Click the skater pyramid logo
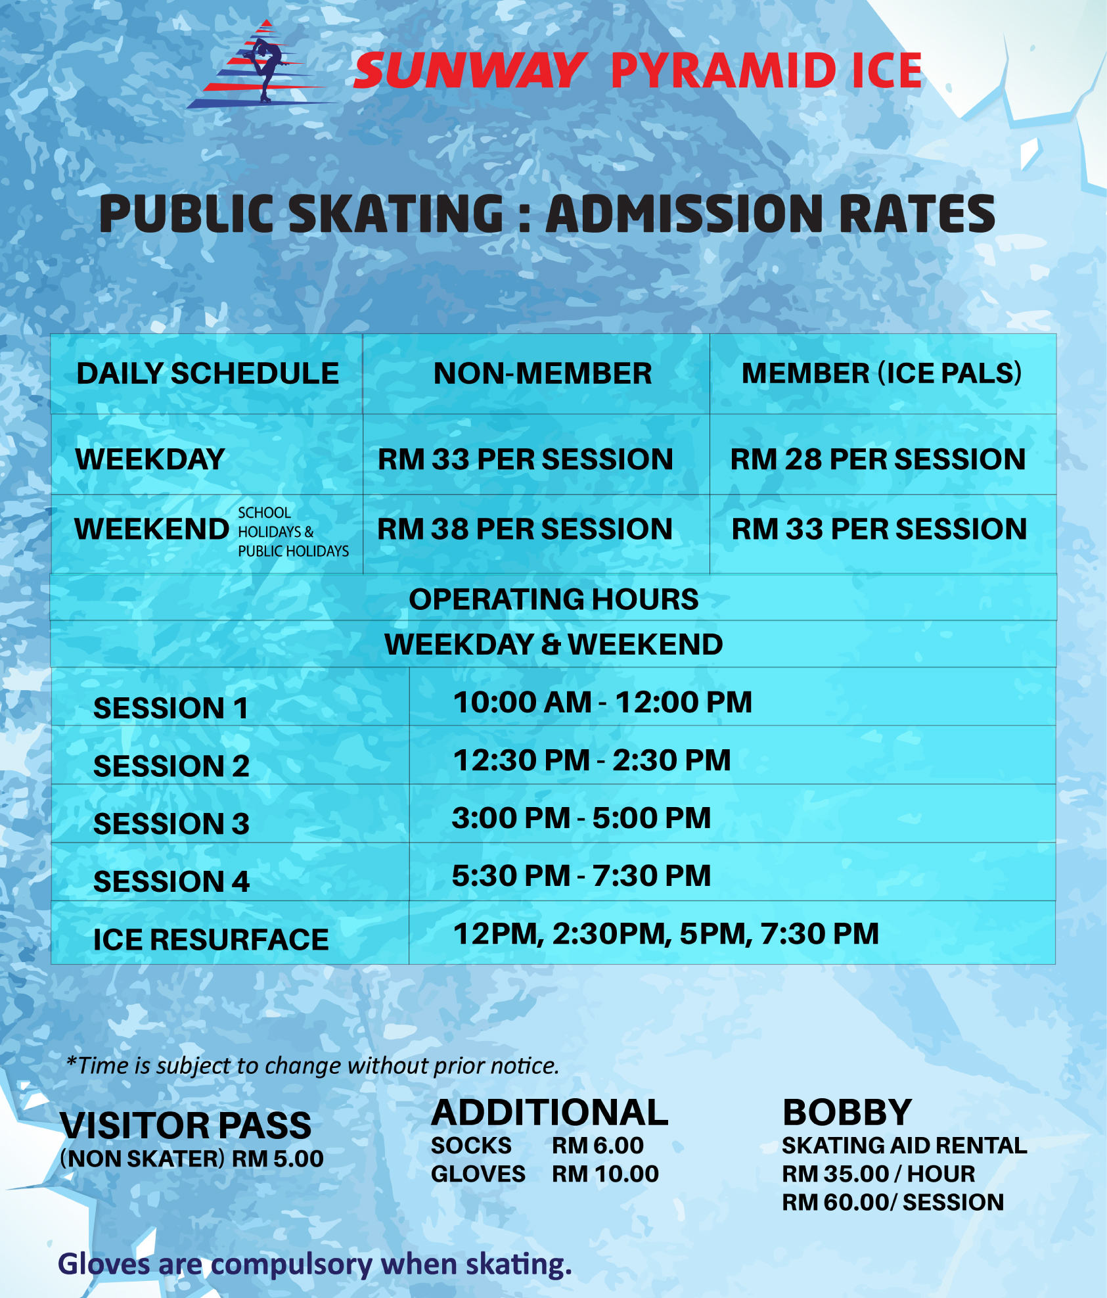pos(263,64)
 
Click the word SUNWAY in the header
pos(469,71)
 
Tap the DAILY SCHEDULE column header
pos(208,373)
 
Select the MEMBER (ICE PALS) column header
pos(882,373)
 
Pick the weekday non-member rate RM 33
pos(526,459)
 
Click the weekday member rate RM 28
pos(878,459)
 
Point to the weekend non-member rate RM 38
pos(525,529)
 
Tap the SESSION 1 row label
pos(171,708)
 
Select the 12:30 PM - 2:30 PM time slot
pos(592,760)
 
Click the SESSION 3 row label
pos(171,824)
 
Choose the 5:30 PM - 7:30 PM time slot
pos(581,876)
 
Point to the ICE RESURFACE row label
pos(211,940)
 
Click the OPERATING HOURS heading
pos(554,599)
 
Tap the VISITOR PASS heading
pos(186,1126)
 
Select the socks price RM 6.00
pos(598,1146)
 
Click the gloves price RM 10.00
pos(605,1174)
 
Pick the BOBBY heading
pos(847,1113)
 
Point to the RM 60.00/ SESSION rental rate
pos(893,1202)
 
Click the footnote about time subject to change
pos(313,1065)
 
